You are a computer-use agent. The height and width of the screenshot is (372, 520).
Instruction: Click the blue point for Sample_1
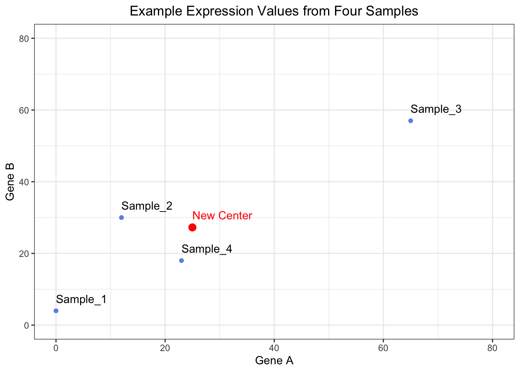point(56,311)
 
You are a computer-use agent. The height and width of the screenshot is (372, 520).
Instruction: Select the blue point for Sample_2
point(121,217)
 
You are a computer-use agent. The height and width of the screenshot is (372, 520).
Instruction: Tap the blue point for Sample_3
point(411,121)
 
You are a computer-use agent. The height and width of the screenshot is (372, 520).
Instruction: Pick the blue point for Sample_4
point(181,260)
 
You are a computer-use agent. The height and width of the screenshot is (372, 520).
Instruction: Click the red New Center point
point(192,227)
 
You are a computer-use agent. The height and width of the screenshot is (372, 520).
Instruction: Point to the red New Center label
point(222,215)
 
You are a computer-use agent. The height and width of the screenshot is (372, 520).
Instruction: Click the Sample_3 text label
point(436,109)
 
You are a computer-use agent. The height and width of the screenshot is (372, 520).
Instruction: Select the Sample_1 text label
point(81,299)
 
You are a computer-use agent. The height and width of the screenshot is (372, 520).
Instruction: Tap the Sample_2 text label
point(147,206)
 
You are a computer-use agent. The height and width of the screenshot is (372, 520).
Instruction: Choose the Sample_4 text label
point(207,249)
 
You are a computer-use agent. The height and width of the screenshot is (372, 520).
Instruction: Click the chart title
point(274,11)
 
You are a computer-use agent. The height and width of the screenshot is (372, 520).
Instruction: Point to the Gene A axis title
point(274,361)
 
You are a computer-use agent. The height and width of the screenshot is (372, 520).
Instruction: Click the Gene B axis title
point(10,182)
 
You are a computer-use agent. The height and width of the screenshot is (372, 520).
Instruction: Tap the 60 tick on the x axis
point(383,348)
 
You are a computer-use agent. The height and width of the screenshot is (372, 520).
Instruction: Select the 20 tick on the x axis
point(165,348)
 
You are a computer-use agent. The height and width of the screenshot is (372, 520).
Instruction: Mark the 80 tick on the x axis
point(492,348)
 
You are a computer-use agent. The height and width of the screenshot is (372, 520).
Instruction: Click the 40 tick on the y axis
point(24,182)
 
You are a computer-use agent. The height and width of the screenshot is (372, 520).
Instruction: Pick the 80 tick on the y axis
point(24,38)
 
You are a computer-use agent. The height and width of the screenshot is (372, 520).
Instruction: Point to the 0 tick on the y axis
point(27,325)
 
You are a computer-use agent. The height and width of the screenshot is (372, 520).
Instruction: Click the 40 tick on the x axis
point(274,348)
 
